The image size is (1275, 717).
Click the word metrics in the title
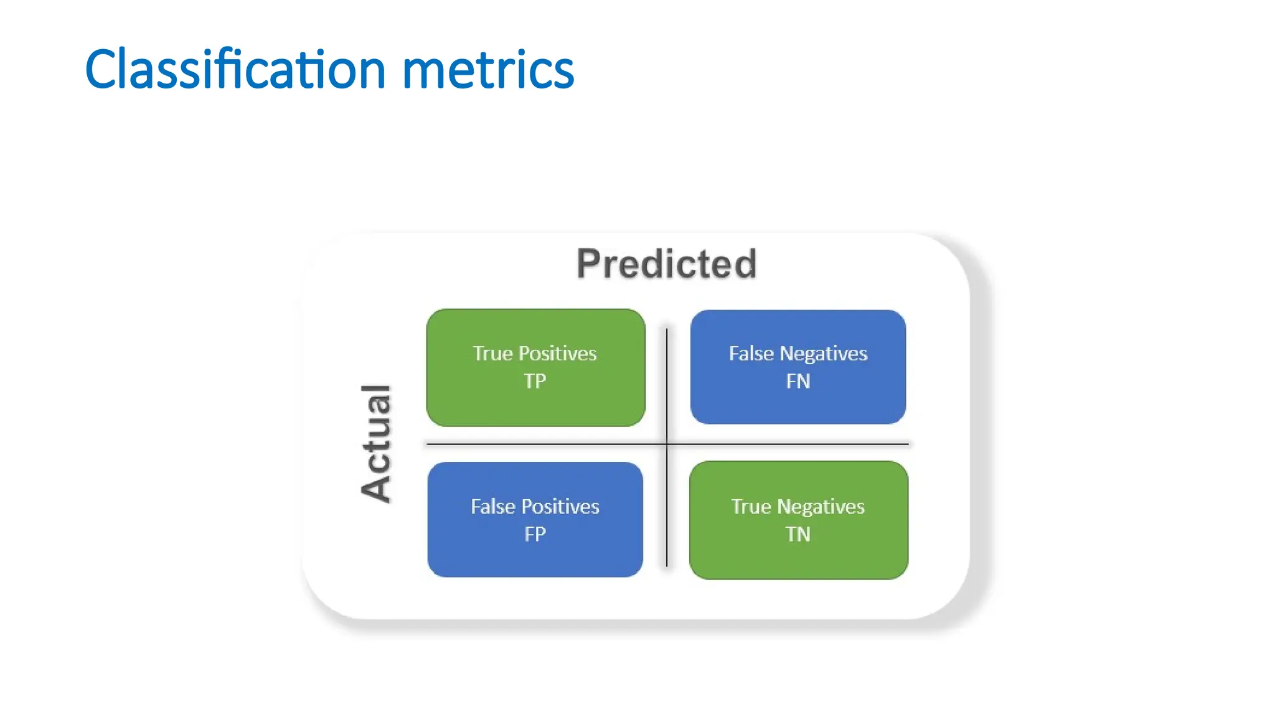coord(488,70)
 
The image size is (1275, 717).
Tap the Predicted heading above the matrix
coord(666,264)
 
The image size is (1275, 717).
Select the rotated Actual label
coord(376,443)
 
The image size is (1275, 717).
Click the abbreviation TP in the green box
coord(535,381)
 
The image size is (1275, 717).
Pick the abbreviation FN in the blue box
coord(797,381)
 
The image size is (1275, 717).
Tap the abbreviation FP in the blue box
coord(535,534)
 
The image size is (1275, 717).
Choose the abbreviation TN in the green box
coord(797,534)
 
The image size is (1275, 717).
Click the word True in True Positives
coord(492,354)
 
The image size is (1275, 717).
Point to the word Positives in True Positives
coord(557,354)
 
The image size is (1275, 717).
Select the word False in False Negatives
coord(751,354)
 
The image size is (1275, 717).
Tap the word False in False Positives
coord(492,507)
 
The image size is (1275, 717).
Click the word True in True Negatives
coord(751,507)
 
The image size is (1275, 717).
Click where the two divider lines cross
coord(667,444)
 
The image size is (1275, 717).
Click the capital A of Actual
coord(376,488)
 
